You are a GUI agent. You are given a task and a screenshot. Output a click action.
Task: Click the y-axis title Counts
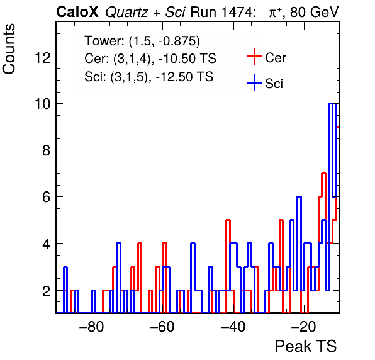(x=9, y=49)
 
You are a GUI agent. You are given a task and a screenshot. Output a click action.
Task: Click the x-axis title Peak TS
(x=306, y=346)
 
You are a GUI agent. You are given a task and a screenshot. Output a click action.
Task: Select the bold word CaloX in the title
(x=77, y=12)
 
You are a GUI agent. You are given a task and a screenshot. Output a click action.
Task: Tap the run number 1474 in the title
(x=237, y=12)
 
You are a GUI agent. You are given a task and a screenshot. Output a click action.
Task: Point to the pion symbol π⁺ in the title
(x=275, y=12)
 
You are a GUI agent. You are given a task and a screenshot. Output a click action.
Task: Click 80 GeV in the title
(x=314, y=12)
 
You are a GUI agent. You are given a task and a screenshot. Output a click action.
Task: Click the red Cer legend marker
(x=254, y=57)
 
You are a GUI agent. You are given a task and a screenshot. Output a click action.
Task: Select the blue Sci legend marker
(x=254, y=82)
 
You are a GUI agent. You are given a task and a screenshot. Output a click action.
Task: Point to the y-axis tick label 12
(x=43, y=57)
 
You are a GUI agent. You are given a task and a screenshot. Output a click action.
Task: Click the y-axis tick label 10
(x=43, y=104)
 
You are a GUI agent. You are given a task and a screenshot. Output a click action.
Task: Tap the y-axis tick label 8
(x=47, y=150)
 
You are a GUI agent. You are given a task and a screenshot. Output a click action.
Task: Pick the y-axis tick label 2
(x=47, y=291)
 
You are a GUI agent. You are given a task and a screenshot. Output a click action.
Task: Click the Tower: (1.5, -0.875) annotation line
(x=142, y=41)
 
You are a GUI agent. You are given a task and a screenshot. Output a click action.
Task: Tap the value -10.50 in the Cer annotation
(x=177, y=59)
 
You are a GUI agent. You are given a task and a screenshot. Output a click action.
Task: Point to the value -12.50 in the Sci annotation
(x=175, y=77)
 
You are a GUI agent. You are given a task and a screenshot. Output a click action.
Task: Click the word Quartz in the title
(x=126, y=12)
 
